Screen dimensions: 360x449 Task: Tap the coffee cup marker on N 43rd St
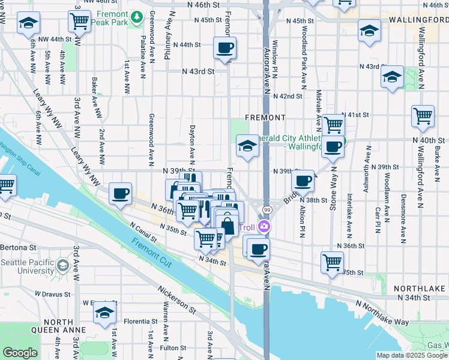[x=224, y=48]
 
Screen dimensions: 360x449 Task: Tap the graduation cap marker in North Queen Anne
[x=104, y=313]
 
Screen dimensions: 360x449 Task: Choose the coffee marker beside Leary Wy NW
[x=121, y=193]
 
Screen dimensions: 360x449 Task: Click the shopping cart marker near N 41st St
[x=333, y=125]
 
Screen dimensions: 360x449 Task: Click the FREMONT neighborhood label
[x=264, y=117]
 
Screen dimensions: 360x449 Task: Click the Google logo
[x=20, y=353]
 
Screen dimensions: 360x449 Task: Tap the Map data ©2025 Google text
[x=412, y=355]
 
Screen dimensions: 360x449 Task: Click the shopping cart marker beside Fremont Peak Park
[x=79, y=21]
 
